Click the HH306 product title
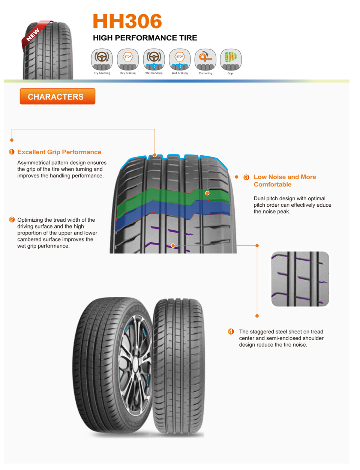pos(127,21)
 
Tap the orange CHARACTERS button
pos(57,96)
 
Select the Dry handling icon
pos(102,59)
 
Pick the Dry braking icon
pos(128,59)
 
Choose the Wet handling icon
pos(154,59)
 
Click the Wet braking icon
pos(180,59)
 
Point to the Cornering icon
pos(205,59)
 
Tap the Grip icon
pos(231,59)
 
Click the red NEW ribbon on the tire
pos(34,34)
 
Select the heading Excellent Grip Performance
pos(59,152)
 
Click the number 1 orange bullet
pos(12,152)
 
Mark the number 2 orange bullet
pos(12,220)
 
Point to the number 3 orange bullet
pos(246,177)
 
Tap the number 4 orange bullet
pos(231,332)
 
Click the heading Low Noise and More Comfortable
pos(285,180)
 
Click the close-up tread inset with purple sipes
pos(300,279)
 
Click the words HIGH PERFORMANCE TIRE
pos(145,38)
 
